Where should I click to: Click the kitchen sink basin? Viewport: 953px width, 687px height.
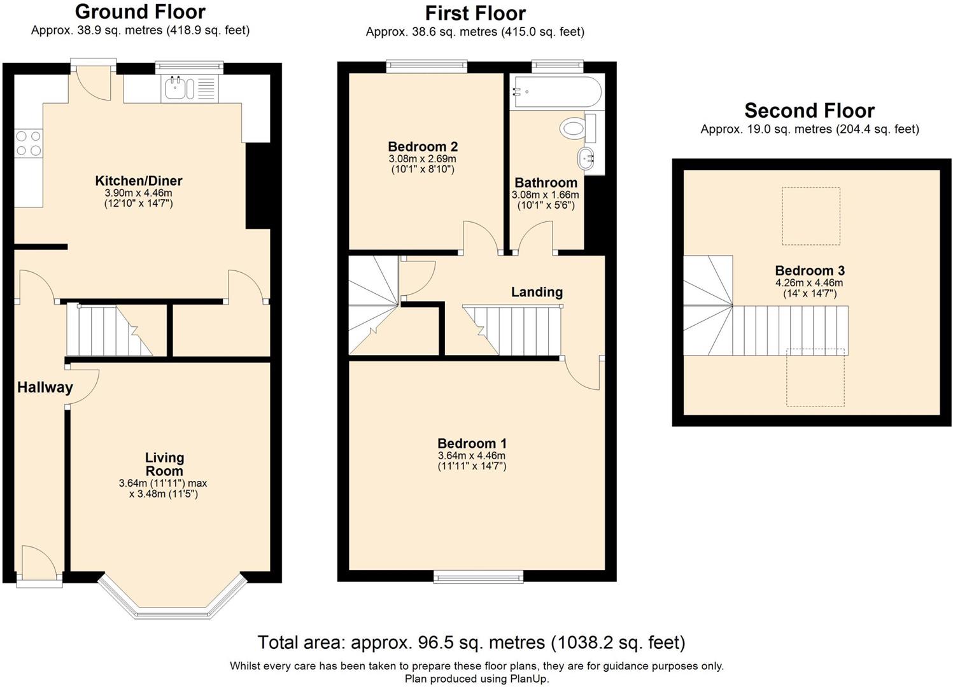click(x=174, y=88)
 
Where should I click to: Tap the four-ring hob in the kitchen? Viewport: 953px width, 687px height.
click(x=29, y=143)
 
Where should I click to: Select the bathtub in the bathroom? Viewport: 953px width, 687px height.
click(x=557, y=92)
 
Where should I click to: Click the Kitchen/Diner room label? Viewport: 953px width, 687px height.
click(x=139, y=181)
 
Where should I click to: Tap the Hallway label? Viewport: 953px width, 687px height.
click(x=45, y=387)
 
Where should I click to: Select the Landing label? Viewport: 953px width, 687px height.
click(x=537, y=291)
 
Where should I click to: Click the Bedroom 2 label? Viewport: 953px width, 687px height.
click(x=423, y=147)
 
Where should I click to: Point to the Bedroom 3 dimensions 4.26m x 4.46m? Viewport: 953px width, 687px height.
click(x=809, y=282)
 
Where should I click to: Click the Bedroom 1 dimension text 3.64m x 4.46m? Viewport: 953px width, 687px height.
click(x=472, y=455)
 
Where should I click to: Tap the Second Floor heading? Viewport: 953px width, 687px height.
click(x=810, y=111)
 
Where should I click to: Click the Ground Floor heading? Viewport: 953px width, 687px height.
click(x=141, y=12)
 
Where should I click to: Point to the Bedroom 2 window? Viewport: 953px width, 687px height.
click(x=427, y=66)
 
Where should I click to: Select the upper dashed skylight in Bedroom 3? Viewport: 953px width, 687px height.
click(x=811, y=216)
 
